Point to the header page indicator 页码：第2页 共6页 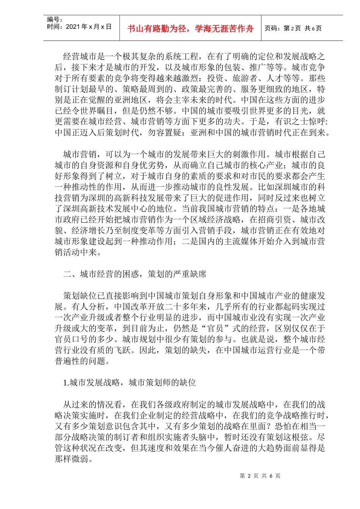(x=293, y=28)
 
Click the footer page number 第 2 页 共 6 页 (x=260, y=476)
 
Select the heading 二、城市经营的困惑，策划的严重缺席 (x=135, y=274)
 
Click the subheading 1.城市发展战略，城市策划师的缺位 (x=130, y=383)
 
